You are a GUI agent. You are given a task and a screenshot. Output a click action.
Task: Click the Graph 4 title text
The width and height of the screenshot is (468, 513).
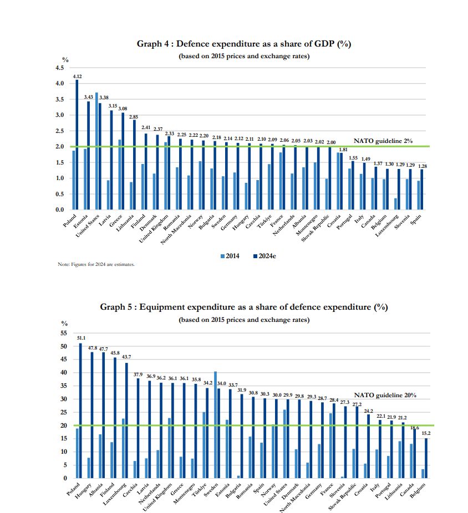[x=244, y=44]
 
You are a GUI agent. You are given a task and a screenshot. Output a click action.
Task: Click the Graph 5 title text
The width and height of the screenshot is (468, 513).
[x=243, y=307]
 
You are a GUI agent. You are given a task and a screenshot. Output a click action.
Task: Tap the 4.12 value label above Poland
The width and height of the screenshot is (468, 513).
[x=77, y=76]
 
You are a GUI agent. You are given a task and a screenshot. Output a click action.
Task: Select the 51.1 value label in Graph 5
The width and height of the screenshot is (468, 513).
[x=81, y=337]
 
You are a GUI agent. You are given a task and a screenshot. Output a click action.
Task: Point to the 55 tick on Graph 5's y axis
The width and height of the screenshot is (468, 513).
[x=64, y=334]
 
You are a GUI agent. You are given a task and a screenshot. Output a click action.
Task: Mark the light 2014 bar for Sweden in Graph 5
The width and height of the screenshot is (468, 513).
[x=215, y=424]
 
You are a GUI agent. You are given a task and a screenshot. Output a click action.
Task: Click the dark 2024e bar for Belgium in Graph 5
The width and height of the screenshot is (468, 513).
[x=426, y=458]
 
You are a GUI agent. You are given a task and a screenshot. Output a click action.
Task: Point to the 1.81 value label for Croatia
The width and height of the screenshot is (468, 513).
[x=343, y=149]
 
